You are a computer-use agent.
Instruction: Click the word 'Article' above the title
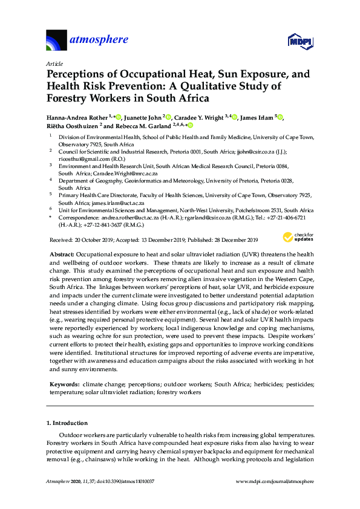coord(54,63)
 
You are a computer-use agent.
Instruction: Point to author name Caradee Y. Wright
coord(202,117)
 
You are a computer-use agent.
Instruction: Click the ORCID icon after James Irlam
coord(280,117)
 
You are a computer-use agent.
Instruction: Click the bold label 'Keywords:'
coord(64,384)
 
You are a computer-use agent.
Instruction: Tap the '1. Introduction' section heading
coord(67,423)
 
